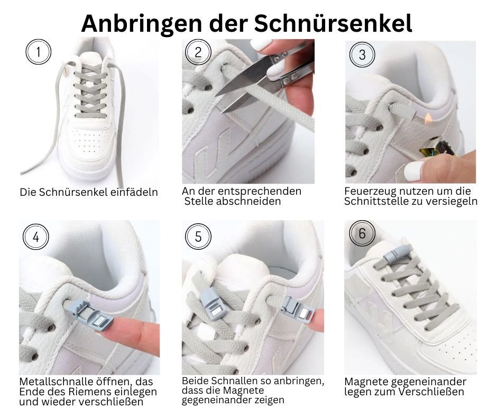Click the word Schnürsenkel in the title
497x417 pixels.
coord(333,23)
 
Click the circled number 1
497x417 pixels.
coord(39,52)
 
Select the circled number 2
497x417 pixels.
coord(198,52)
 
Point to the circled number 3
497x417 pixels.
coord(362,55)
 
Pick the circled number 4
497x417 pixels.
coord(36,237)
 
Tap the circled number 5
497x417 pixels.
coord(198,237)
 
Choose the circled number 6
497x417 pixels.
coord(362,233)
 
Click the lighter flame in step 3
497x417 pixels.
coord(428,119)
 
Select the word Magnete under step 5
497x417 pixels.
coord(244,390)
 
